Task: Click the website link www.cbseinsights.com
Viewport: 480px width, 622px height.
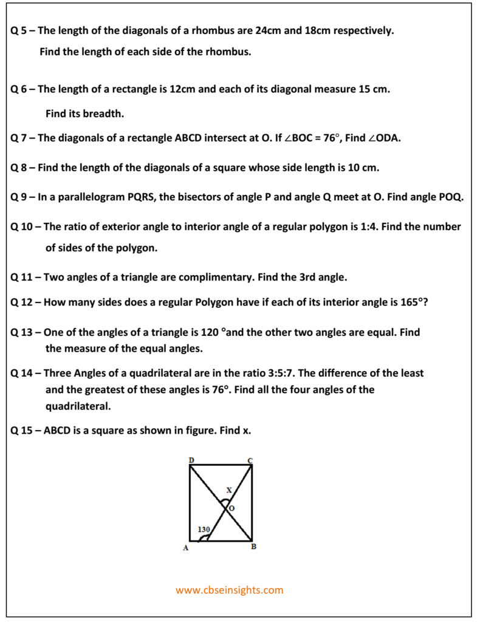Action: pos(230,590)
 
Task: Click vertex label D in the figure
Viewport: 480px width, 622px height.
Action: pos(191,460)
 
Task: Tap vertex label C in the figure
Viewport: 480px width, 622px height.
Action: pos(250,460)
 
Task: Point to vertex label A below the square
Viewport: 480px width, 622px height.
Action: pos(186,548)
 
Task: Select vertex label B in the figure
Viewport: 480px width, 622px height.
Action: pos(253,547)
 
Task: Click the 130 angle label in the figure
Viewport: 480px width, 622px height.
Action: pos(204,530)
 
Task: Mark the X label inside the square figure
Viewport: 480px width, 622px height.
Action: pos(229,489)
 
